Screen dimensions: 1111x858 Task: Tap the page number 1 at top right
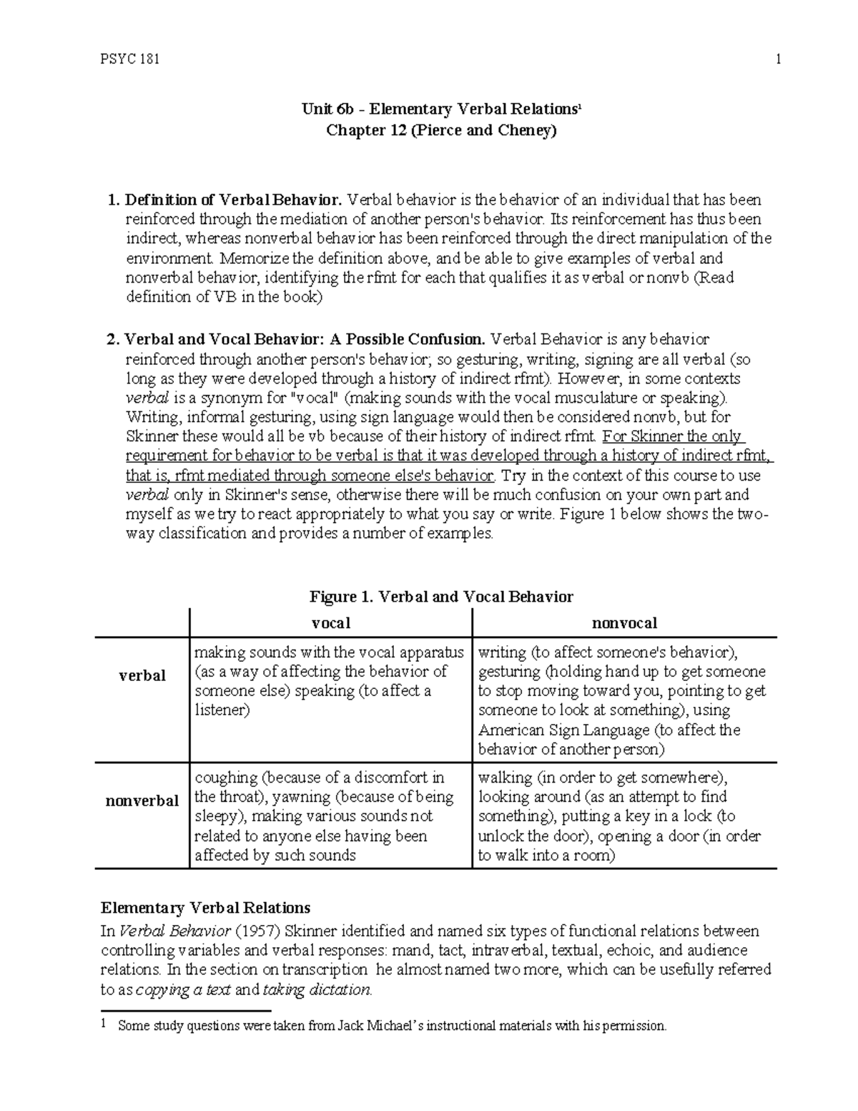[x=777, y=59]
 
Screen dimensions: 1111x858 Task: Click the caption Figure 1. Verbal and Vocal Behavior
[x=440, y=597]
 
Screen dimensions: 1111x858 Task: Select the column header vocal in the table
[x=331, y=623]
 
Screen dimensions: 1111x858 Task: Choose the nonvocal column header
[x=624, y=623]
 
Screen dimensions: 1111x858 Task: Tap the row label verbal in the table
[x=142, y=675]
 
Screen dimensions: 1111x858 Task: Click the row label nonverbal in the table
[x=142, y=801]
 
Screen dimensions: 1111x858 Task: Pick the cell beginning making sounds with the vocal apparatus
[x=330, y=681]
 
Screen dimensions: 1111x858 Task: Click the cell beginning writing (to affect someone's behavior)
[x=622, y=700]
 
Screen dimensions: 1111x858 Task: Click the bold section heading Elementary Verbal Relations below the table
[x=205, y=908]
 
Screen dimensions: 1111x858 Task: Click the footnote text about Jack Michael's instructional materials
[x=392, y=1026]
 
